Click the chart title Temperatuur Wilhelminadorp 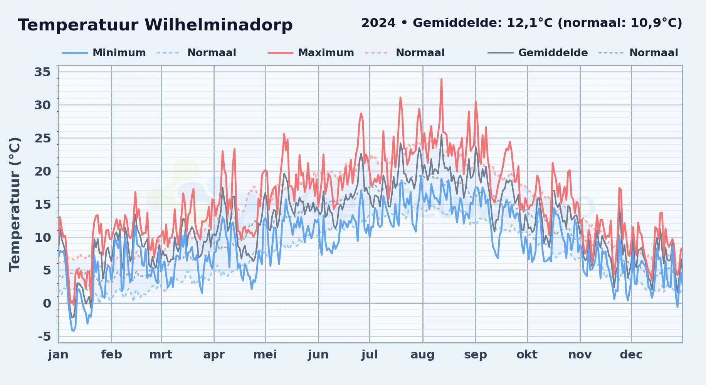155,25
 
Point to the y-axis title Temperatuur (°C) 15,204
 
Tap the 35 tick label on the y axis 42,72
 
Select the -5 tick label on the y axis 44,337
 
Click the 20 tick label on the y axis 42,171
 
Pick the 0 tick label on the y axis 47,303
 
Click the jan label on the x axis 58,355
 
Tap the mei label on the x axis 265,355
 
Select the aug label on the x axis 422,355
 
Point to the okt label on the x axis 527,355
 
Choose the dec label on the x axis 631,355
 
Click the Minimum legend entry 119,53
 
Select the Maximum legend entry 326,53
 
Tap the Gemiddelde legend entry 553,53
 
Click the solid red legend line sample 280,53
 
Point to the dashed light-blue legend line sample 168,53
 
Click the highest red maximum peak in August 441,79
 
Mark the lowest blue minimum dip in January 73,330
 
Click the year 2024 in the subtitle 378,23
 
